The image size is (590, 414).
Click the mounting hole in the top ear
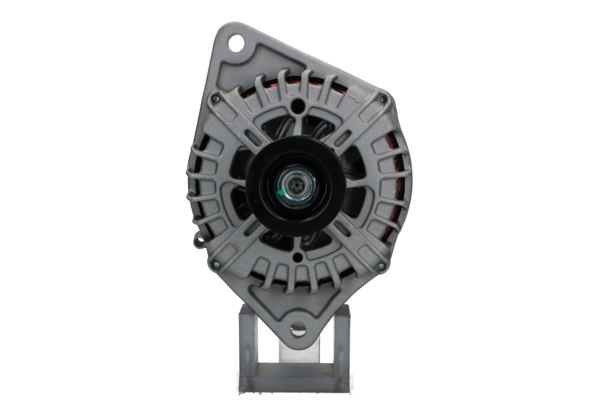tap(237, 43)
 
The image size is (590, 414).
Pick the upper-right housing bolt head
tap(381, 98)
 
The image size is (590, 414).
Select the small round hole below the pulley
tap(297, 257)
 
